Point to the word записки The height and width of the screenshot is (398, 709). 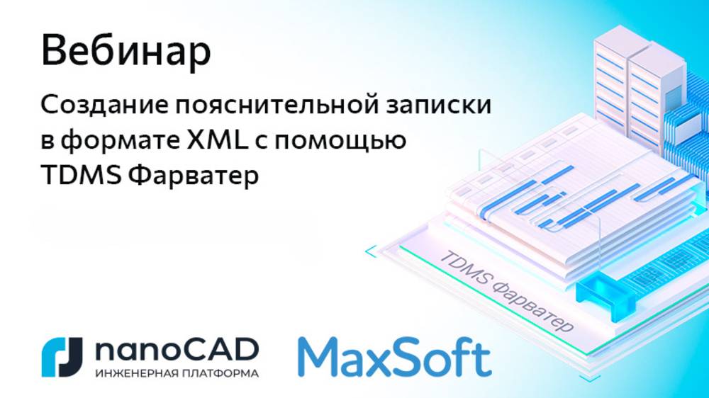point(439,107)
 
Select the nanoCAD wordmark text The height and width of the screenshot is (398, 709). point(175,349)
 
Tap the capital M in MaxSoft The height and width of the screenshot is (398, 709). point(319,357)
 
